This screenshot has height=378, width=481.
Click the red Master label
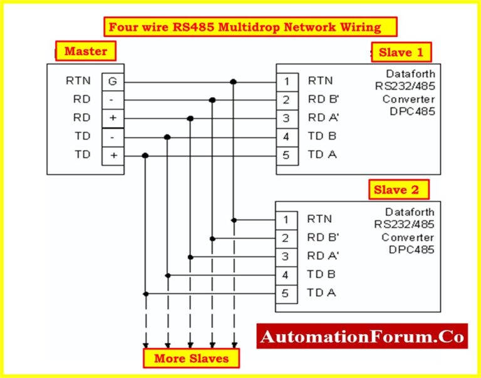[86, 51]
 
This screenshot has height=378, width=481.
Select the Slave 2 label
[401, 189]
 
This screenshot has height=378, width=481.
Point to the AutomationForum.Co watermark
[363, 337]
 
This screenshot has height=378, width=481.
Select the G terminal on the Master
[113, 81]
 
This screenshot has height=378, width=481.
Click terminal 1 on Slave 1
[287, 81]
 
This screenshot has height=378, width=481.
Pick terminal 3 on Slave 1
[287, 118]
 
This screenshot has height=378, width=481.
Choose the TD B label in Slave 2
[322, 274]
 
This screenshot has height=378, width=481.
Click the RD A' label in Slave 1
[323, 118]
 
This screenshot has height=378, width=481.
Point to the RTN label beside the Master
[78, 81]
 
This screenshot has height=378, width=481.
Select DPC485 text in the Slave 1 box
[411, 111]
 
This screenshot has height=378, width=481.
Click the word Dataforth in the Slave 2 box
[410, 212]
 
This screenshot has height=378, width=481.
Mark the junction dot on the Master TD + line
[145, 155]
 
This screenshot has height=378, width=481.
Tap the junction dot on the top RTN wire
[234, 81]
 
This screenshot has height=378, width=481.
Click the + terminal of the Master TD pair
[113, 155]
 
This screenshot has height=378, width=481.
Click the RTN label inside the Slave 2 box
[320, 219]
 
